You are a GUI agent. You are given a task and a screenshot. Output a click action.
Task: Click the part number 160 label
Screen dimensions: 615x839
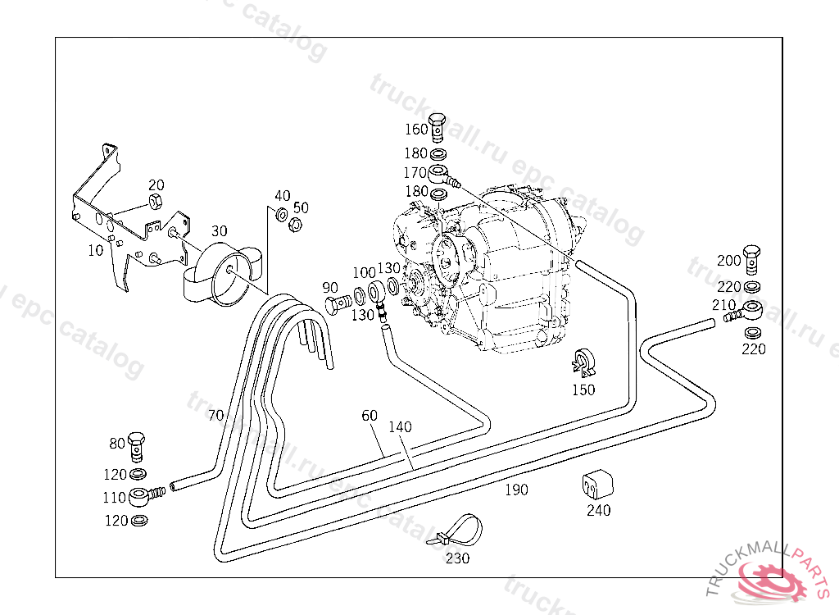[x=416, y=130]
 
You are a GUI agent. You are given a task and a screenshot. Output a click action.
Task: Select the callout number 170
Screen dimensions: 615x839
[x=415, y=173]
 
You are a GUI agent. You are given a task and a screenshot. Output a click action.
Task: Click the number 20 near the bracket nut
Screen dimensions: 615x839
[x=156, y=185]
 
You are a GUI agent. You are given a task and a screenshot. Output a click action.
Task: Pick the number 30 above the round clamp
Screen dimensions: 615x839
[x=219, y=231]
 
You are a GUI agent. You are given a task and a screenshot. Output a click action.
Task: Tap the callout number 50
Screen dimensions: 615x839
[x=301, y=207]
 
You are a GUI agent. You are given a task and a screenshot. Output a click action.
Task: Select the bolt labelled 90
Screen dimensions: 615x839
[x=336, y=305]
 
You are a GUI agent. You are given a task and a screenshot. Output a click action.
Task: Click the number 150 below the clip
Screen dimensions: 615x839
[x=583, y=389]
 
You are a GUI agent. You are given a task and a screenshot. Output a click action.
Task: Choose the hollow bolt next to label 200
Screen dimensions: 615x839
[x=752, y=257]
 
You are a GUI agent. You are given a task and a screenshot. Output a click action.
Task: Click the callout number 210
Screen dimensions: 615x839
[x=723, y=305]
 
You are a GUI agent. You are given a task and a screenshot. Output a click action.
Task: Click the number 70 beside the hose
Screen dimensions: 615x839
[x=215, y=416]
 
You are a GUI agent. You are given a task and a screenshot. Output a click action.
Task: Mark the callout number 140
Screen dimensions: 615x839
[x=401, y=427]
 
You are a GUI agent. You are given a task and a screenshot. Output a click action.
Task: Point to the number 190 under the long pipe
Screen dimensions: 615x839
[x=516, y=490]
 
